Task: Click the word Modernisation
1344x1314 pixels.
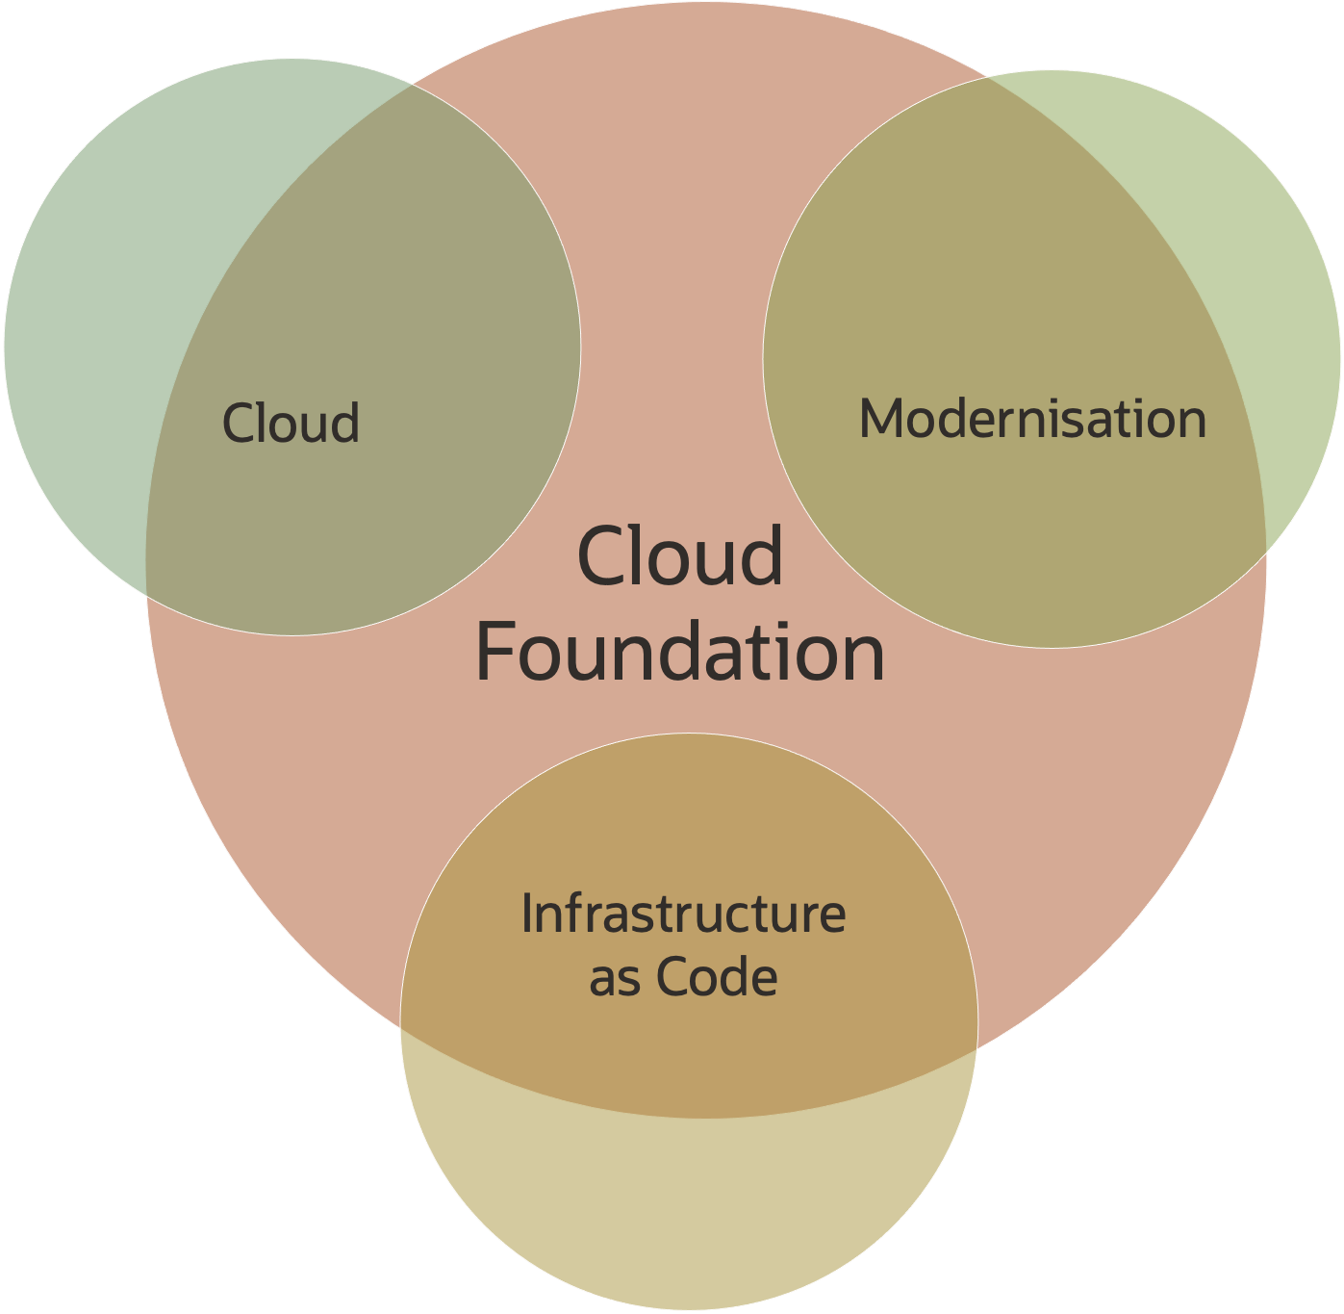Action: click(1032, 420)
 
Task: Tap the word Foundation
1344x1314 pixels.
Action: click(680, 653)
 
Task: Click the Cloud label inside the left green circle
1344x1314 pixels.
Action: click(291, 424)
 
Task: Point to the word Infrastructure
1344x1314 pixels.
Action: click(683, 914)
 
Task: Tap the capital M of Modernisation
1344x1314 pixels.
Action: click(880, 420)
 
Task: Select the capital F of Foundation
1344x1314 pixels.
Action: click(497, 653)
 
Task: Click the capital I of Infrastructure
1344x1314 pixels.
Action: click(527, 914)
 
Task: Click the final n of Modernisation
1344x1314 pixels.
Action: click(1189, 421)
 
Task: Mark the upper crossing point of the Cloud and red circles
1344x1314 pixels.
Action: click(413, 85)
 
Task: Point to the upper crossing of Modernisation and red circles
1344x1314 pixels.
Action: click(990, 78)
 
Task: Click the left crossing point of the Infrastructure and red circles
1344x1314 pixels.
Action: click(400, 1027)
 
